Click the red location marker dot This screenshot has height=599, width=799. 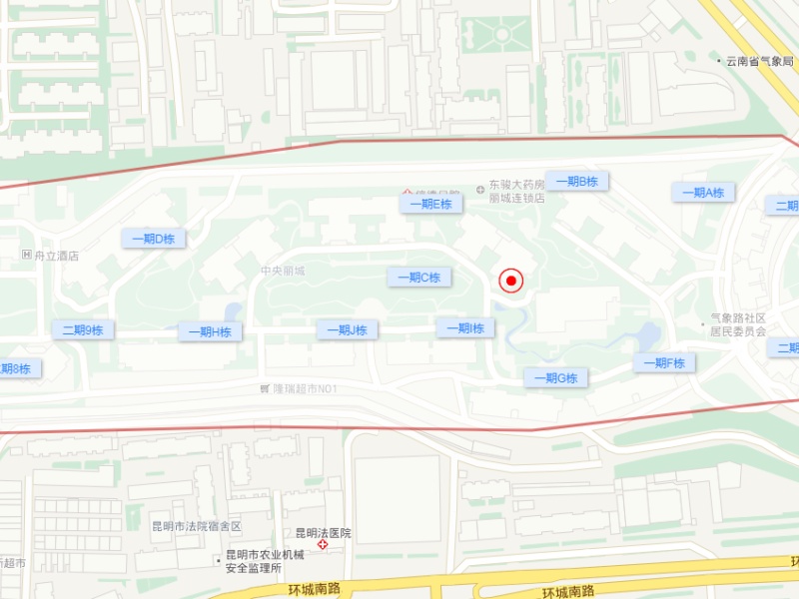(511, 281)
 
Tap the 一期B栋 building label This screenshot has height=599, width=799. (577, 181)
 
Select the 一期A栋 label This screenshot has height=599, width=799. (702, 193)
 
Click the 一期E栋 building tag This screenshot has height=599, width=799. (430, 204)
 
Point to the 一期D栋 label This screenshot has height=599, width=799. (153, 239)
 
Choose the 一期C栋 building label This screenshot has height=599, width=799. (418, 278)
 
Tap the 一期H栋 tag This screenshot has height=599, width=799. (210, 332)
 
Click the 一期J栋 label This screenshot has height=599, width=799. (347, 330)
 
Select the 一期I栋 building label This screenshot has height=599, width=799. (464, 328)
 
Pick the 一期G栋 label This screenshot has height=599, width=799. (555, 377)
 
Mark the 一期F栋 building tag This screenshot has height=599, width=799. (663, 363)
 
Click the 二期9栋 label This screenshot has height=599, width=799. (83, 330)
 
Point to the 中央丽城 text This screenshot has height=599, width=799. (282, 271)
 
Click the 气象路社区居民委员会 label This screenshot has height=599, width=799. (738, 325)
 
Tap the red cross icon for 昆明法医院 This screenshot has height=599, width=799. (323, 546)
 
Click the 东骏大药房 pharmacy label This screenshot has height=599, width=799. (516, 186)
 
